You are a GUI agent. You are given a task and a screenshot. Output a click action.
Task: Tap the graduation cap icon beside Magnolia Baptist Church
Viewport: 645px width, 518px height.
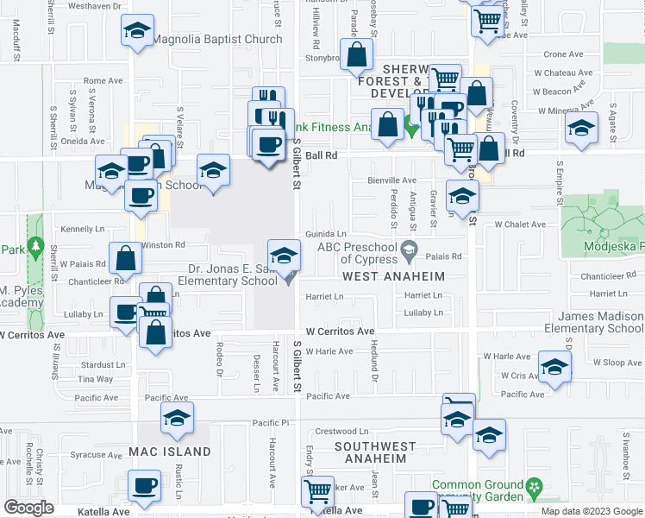point(135,33)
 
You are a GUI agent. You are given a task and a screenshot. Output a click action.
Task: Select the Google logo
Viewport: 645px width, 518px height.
point(28,508)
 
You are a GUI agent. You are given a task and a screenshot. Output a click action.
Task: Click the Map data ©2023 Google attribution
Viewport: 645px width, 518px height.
point(591,511)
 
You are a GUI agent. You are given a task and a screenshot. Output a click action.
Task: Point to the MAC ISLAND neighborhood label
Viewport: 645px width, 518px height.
point(170,452)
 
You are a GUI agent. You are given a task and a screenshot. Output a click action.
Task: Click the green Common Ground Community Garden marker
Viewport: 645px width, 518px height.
point(535,486)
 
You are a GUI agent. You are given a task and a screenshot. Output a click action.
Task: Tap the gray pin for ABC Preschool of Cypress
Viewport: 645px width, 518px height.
point(411,252)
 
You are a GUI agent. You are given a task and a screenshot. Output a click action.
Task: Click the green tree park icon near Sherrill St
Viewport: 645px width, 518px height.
point(35,250)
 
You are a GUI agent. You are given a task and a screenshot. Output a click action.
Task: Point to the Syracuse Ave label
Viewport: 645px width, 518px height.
point(96,454)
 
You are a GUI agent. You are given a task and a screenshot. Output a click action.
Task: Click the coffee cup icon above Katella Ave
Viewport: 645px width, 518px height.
point(144,485)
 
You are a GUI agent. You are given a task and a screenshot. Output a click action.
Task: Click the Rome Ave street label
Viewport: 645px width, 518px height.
point(103,81)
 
